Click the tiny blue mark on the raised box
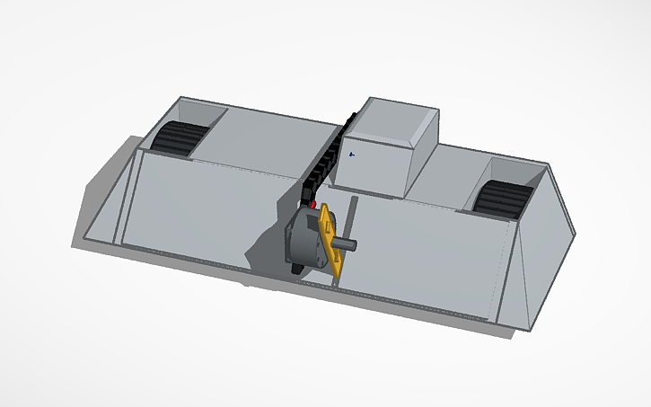[351, 154]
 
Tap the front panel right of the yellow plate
[431, 261]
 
